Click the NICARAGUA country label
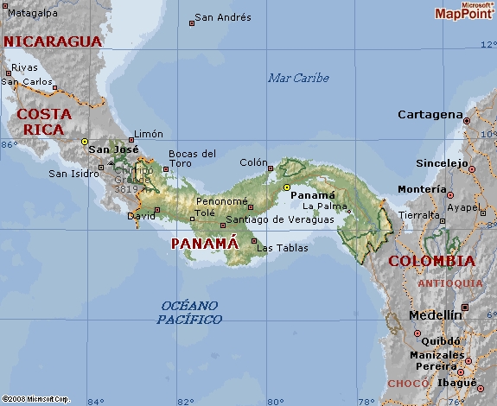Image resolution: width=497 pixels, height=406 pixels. click(x=53, y=41)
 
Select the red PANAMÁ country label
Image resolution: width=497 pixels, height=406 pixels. click(x=204, y=244)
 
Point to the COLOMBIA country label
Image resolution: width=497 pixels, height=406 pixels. click(x=431, y=261)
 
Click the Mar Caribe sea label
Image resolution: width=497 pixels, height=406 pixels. click(x=298, y=78)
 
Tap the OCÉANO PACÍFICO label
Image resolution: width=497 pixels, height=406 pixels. click(x=189, y=313)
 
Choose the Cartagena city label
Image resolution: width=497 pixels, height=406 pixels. click(x=430, y=115)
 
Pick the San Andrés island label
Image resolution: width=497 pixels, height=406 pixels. click(x=223, y=17)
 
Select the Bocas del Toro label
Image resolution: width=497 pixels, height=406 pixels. click(x=192, y=158)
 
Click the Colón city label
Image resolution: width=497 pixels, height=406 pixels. click(x=253, y=162)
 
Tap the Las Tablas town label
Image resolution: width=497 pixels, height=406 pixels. click(x=282, y=248)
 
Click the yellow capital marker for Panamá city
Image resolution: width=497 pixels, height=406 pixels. click(x=287, y=187)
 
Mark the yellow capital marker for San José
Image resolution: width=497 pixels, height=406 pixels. click(x=85, y=141)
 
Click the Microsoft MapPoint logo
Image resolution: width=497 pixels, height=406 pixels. click(x=463, y=10)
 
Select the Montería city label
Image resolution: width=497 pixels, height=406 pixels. click(x=421, y=189)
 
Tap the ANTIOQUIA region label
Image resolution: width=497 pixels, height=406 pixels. click(x=450, y=283)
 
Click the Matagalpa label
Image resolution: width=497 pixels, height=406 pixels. click(x=33, y=14)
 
